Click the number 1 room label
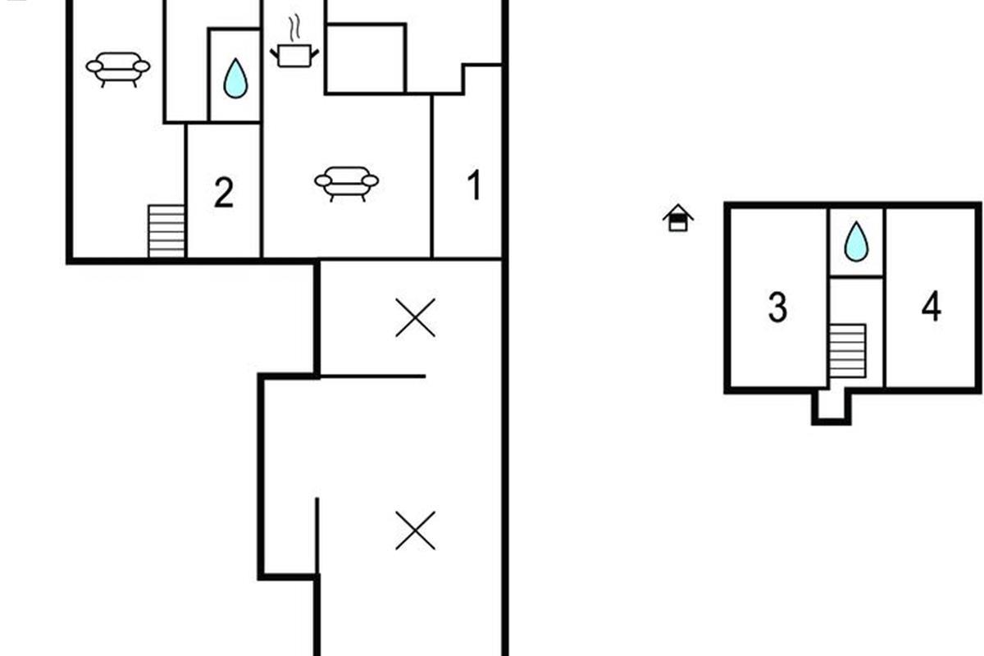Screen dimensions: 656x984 474,186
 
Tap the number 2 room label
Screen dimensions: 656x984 223,193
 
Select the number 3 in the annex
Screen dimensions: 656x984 777,307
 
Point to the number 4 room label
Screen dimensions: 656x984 931,307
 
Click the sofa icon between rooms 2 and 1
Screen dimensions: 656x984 347,181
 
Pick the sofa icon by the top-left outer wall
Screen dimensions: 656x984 118,67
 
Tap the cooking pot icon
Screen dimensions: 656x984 294,55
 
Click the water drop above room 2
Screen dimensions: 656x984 235,78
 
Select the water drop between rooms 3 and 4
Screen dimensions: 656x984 855,242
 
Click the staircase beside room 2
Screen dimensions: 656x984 166,230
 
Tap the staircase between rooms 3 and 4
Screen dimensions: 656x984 847,351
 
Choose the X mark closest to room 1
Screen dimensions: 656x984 415,318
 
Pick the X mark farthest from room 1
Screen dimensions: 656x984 415,531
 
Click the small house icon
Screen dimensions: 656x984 678,218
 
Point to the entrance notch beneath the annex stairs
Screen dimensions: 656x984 831,407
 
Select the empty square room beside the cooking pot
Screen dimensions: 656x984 365,57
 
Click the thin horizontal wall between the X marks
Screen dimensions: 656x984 371,376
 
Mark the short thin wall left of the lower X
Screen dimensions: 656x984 317,537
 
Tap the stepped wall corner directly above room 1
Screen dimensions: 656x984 464,80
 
